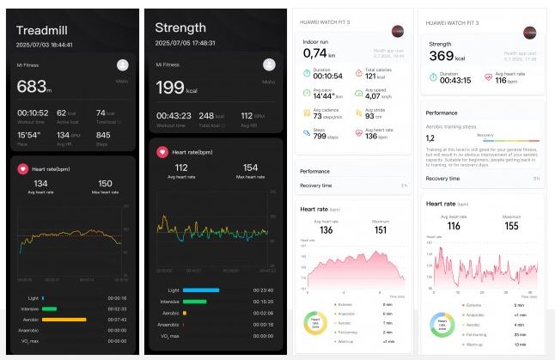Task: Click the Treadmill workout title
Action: pyautogui.click(x=42, y=31)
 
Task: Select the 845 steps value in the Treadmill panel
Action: pyautogui.click(x=102, y=136)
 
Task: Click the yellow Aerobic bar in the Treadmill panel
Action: pyautogui.click(x=64, y=320)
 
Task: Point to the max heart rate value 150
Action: pyautogui.click(x=105, y=184)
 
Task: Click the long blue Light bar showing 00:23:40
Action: pyautogui.click(x=201, y=290)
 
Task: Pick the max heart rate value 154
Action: pyautogui.click(x=250, y=168)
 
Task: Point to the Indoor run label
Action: pyautogui.click(x=315, y=40)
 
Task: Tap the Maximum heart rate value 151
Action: pyautogui.click(x=381, y=229)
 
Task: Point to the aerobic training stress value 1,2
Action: pyautogui.click(x=431, y=137)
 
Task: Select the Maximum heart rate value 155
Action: pyautogui.click(x=510, y=225)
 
